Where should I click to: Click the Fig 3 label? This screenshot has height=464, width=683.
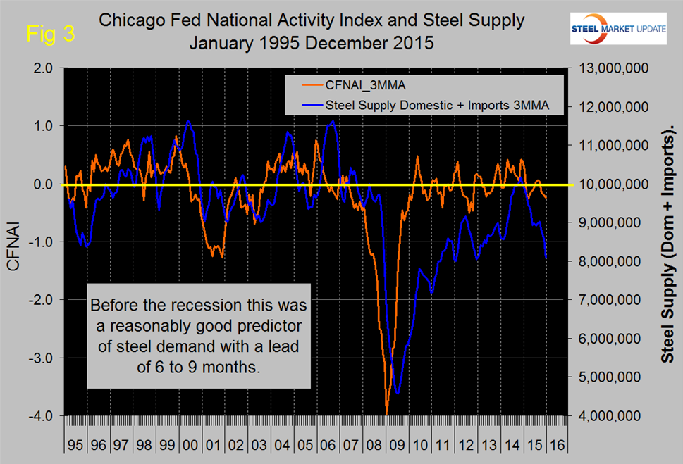click(51, 33)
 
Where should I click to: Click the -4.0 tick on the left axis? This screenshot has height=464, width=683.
click(42, 415)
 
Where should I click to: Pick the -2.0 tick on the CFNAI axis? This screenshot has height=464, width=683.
click(42, 300)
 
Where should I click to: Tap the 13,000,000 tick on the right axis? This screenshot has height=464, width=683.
click(608, 68)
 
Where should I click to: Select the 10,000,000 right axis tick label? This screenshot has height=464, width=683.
click(608, 184)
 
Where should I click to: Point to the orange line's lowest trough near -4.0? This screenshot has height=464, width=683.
click(387, 413)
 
